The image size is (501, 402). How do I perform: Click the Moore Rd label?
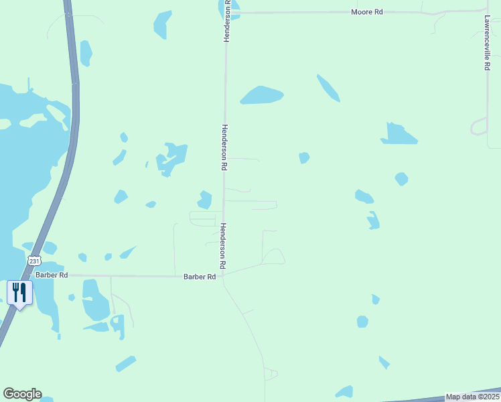366,12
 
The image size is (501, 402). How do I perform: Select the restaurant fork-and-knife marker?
19,293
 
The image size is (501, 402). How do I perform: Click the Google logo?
22,394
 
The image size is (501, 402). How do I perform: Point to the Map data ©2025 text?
472,397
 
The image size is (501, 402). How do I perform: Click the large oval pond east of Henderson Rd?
262,95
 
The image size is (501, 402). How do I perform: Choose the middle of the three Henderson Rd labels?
225,147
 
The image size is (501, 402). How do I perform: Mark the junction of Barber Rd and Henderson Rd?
223,275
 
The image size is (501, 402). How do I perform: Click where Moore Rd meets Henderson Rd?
227,12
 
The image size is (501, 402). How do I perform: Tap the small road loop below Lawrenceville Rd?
480,127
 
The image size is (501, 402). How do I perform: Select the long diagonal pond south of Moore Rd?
328,88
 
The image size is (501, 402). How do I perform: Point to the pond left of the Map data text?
344,392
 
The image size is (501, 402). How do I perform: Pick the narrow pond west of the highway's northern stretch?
86,54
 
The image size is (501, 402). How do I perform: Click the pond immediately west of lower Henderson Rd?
205,200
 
